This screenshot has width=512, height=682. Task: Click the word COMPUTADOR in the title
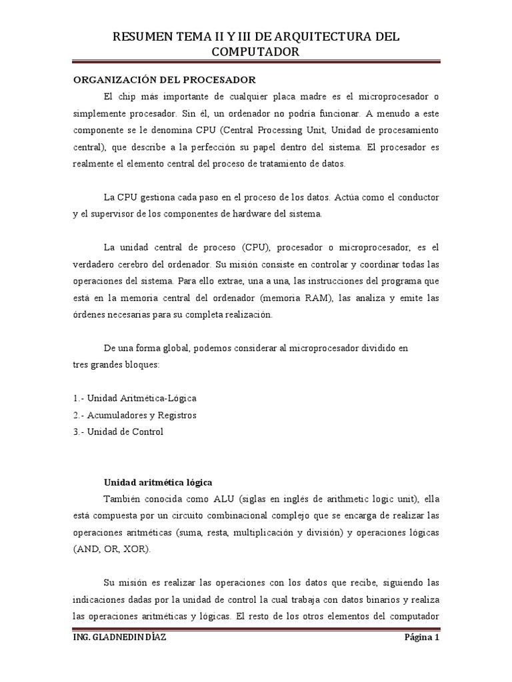coord(255,51)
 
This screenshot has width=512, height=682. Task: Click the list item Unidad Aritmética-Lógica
coord(135,398)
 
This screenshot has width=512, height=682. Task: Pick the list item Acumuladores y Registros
coord(135,414)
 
